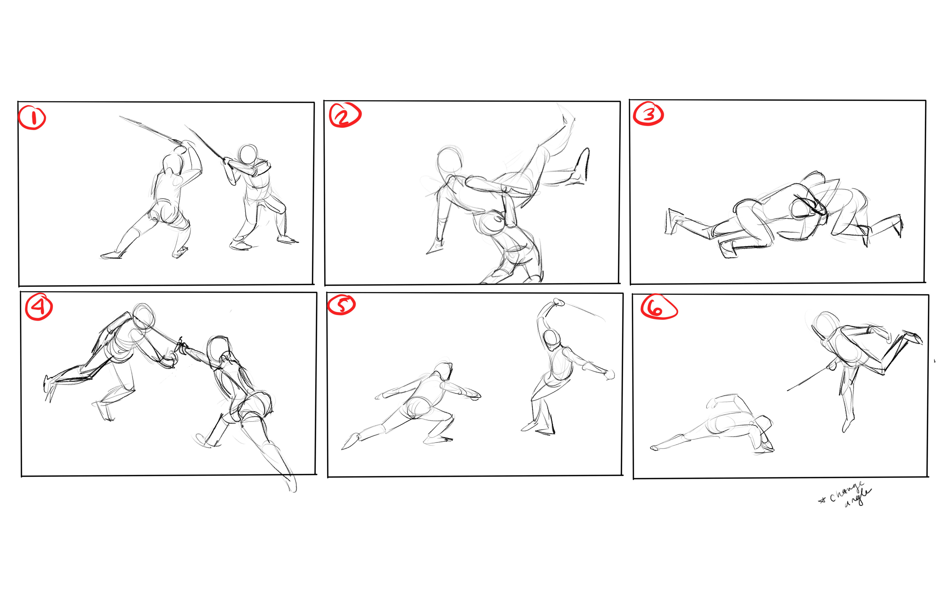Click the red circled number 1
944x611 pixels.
point(32,118)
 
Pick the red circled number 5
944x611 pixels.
point(341,305)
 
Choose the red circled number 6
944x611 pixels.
point(659,307)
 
